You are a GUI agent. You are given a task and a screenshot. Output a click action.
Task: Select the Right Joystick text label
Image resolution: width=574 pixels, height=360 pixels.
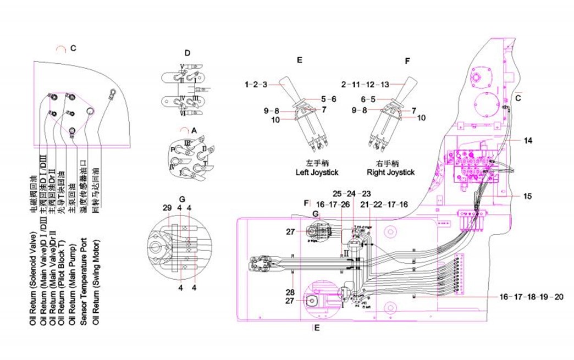click(x=390, y=172)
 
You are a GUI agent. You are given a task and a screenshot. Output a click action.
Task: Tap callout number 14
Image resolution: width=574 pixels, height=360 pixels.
click(x=527, y=141)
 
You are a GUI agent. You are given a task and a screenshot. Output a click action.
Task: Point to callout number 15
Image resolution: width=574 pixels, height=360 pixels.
click(x=527, y=196)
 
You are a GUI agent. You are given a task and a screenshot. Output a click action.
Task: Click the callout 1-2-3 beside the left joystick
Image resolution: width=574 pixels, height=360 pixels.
click(x=256, y=85)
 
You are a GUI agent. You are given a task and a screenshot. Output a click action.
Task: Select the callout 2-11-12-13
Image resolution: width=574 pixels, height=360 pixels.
click(x=365, y=85)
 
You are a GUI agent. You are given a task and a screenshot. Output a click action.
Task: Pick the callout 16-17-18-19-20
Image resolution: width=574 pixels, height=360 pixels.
click(x=532, y=297)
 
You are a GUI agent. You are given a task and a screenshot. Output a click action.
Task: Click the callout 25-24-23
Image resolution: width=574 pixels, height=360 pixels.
click(x=351, y=193)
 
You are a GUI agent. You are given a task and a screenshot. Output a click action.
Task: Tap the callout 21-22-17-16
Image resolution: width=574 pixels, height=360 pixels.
click(x=385, y=204)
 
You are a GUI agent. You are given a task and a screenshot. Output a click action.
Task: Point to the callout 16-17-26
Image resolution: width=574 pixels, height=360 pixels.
click(x=333, y=204)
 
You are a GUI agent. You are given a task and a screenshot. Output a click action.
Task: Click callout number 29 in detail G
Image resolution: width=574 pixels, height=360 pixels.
click(x=167, y=208)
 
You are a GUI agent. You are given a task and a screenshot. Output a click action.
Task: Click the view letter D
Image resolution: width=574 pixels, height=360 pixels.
click(x=187, y=53)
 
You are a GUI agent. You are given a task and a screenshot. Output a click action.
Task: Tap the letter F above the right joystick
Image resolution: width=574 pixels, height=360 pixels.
click(x=407, y=60)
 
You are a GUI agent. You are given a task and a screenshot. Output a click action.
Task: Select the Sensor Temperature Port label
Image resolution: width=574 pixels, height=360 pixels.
click(x=84, y=281)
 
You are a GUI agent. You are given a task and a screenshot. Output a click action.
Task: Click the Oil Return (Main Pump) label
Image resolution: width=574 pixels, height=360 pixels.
click(x=71, y=281)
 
